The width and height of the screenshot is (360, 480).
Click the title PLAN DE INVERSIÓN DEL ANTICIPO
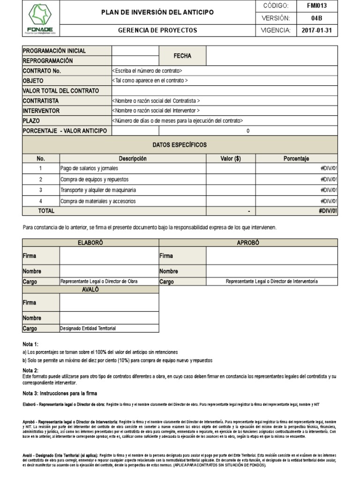157,12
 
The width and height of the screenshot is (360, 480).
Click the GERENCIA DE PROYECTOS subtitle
157,30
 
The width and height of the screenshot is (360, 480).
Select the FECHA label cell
182,56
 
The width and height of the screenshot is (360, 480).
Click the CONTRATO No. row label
42,71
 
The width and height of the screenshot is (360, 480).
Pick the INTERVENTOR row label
41,111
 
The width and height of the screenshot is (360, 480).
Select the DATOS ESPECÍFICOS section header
180,145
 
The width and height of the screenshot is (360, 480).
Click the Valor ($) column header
230,159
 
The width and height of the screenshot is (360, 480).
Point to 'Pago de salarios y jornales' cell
90,168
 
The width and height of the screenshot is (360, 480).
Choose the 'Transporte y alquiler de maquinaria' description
98,190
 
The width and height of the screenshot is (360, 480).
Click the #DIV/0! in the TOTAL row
327,211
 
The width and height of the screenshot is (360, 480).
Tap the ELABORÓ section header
90,243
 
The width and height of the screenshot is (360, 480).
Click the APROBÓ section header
248,243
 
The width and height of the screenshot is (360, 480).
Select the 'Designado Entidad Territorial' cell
88,328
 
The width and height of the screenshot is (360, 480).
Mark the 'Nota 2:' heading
31,370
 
